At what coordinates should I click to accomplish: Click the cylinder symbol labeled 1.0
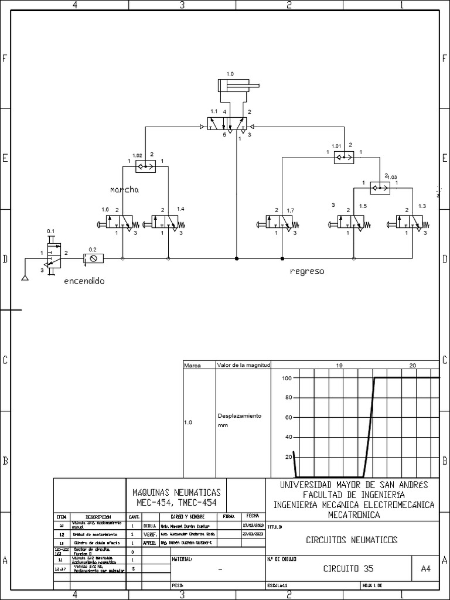[237, 86]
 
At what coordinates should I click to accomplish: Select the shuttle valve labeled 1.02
[145, 166]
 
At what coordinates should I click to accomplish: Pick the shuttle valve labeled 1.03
[380, 187]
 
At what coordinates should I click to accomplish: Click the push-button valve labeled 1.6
[117, 222]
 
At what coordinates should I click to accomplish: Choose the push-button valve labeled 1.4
[168, 222]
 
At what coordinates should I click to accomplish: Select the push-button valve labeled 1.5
[354, 223]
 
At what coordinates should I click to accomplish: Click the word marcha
[124, 190]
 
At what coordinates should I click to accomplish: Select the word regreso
[307, 272]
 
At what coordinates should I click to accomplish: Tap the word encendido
[84, 281]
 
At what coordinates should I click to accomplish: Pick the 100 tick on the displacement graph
[287, 378]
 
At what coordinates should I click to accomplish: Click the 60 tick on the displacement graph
[288, 417]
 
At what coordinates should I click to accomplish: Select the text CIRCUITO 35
[348, 568]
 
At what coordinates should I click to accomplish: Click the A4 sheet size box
[425, 568]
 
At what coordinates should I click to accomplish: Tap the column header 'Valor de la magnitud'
[243, 365]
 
